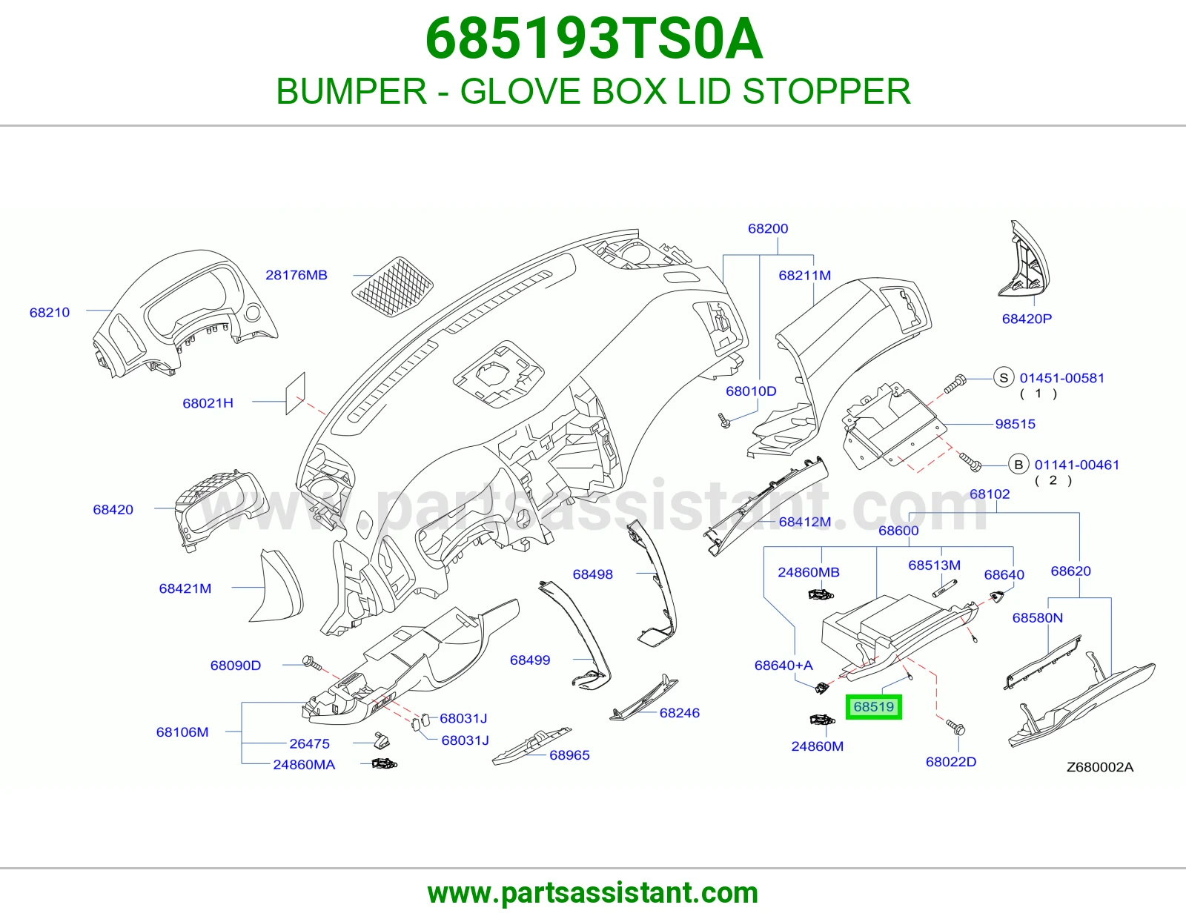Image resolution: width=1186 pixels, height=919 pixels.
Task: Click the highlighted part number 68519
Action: coord(873,707)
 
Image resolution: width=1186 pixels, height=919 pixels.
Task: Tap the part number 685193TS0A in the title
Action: coord(594,39)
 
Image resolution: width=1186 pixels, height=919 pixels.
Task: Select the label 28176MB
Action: coord(296,275)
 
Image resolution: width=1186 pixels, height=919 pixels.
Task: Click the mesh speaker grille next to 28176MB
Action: coord(392,287)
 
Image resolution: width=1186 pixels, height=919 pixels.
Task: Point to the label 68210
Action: coord(50,313)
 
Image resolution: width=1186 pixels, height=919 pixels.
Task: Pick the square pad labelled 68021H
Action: coord(296,394)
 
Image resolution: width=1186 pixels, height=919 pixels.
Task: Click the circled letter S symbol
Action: coord(1004,378)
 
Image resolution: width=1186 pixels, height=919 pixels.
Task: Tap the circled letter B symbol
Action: coord(1018,465)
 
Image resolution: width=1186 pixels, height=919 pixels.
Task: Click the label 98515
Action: coord(1016,424)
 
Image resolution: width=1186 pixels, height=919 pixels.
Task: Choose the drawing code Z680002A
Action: coord(1100,767)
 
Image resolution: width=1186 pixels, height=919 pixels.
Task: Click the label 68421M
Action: coord(185,588)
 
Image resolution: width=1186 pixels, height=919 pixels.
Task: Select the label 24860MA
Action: coord(304,765)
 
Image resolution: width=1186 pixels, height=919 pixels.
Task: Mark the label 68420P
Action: coord(1027,319)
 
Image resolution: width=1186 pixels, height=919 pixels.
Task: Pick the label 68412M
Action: coord(804,522)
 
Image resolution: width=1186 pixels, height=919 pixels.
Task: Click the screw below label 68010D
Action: coord(724,420)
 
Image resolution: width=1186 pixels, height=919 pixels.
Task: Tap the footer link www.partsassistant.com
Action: coord(593,893)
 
